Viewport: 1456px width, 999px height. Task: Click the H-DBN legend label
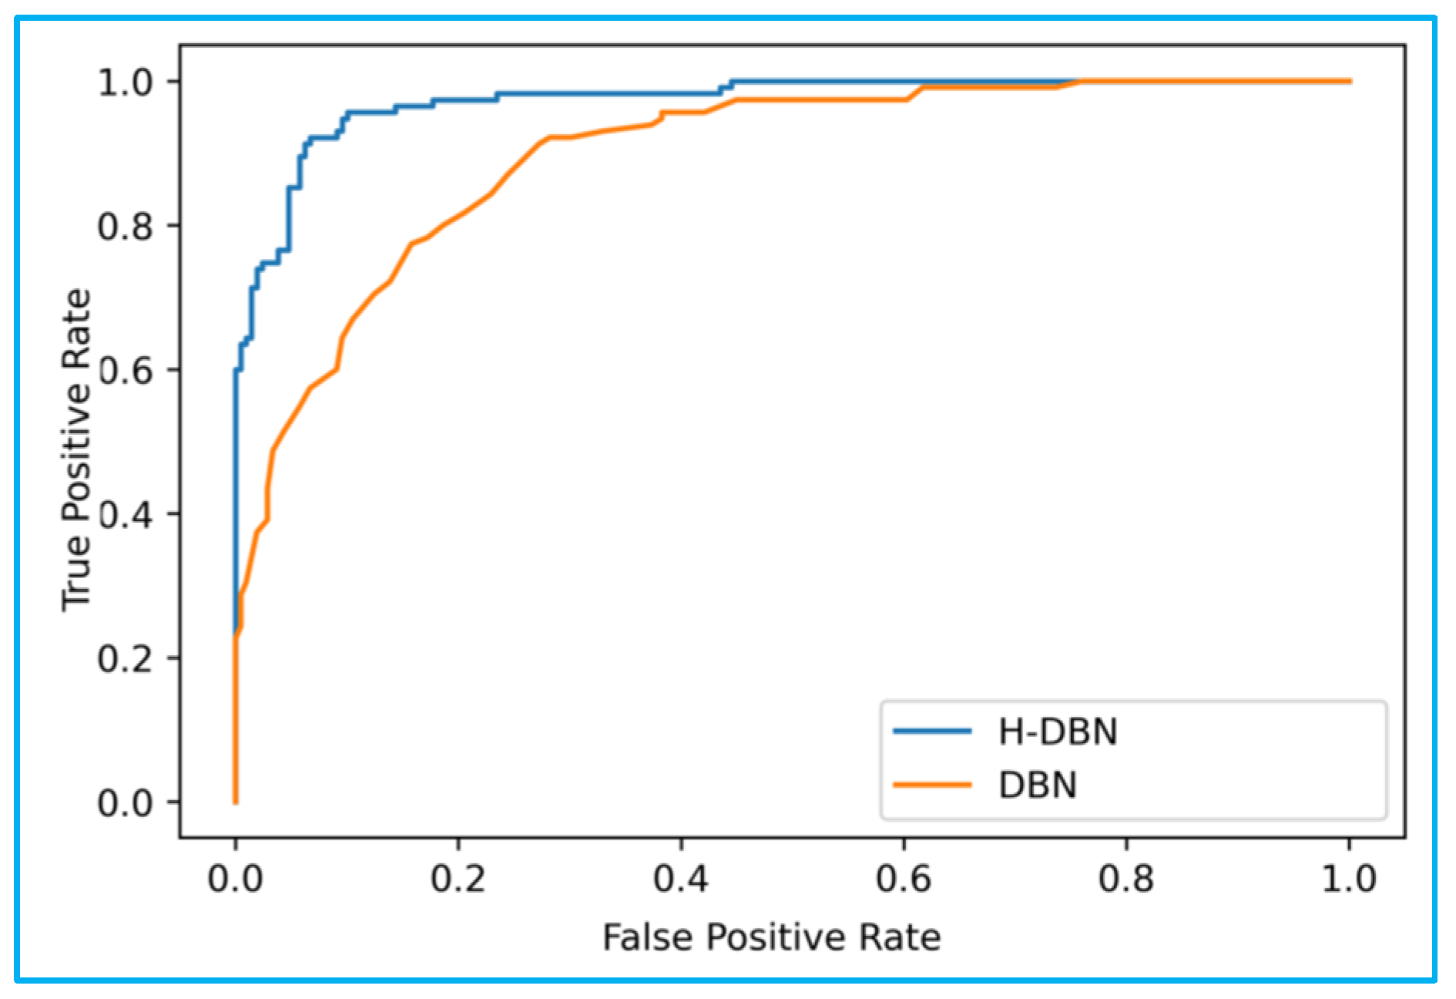[1057, 732]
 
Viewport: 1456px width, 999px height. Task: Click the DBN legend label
[1037, 785]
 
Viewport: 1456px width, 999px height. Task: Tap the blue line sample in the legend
[931, 731]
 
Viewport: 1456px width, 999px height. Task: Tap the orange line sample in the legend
[931, 785]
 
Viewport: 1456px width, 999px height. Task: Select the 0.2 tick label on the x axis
[458, 879]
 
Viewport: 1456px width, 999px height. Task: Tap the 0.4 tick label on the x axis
[681, 879]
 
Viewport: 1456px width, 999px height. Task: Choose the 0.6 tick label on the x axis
[904, 879]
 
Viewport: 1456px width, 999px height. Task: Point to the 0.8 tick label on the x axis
[1126, 879]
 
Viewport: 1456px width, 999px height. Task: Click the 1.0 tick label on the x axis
[1349, 879]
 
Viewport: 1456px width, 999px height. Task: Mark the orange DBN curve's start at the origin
[235, 802]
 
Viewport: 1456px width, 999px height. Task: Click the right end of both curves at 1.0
[1349, 81]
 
